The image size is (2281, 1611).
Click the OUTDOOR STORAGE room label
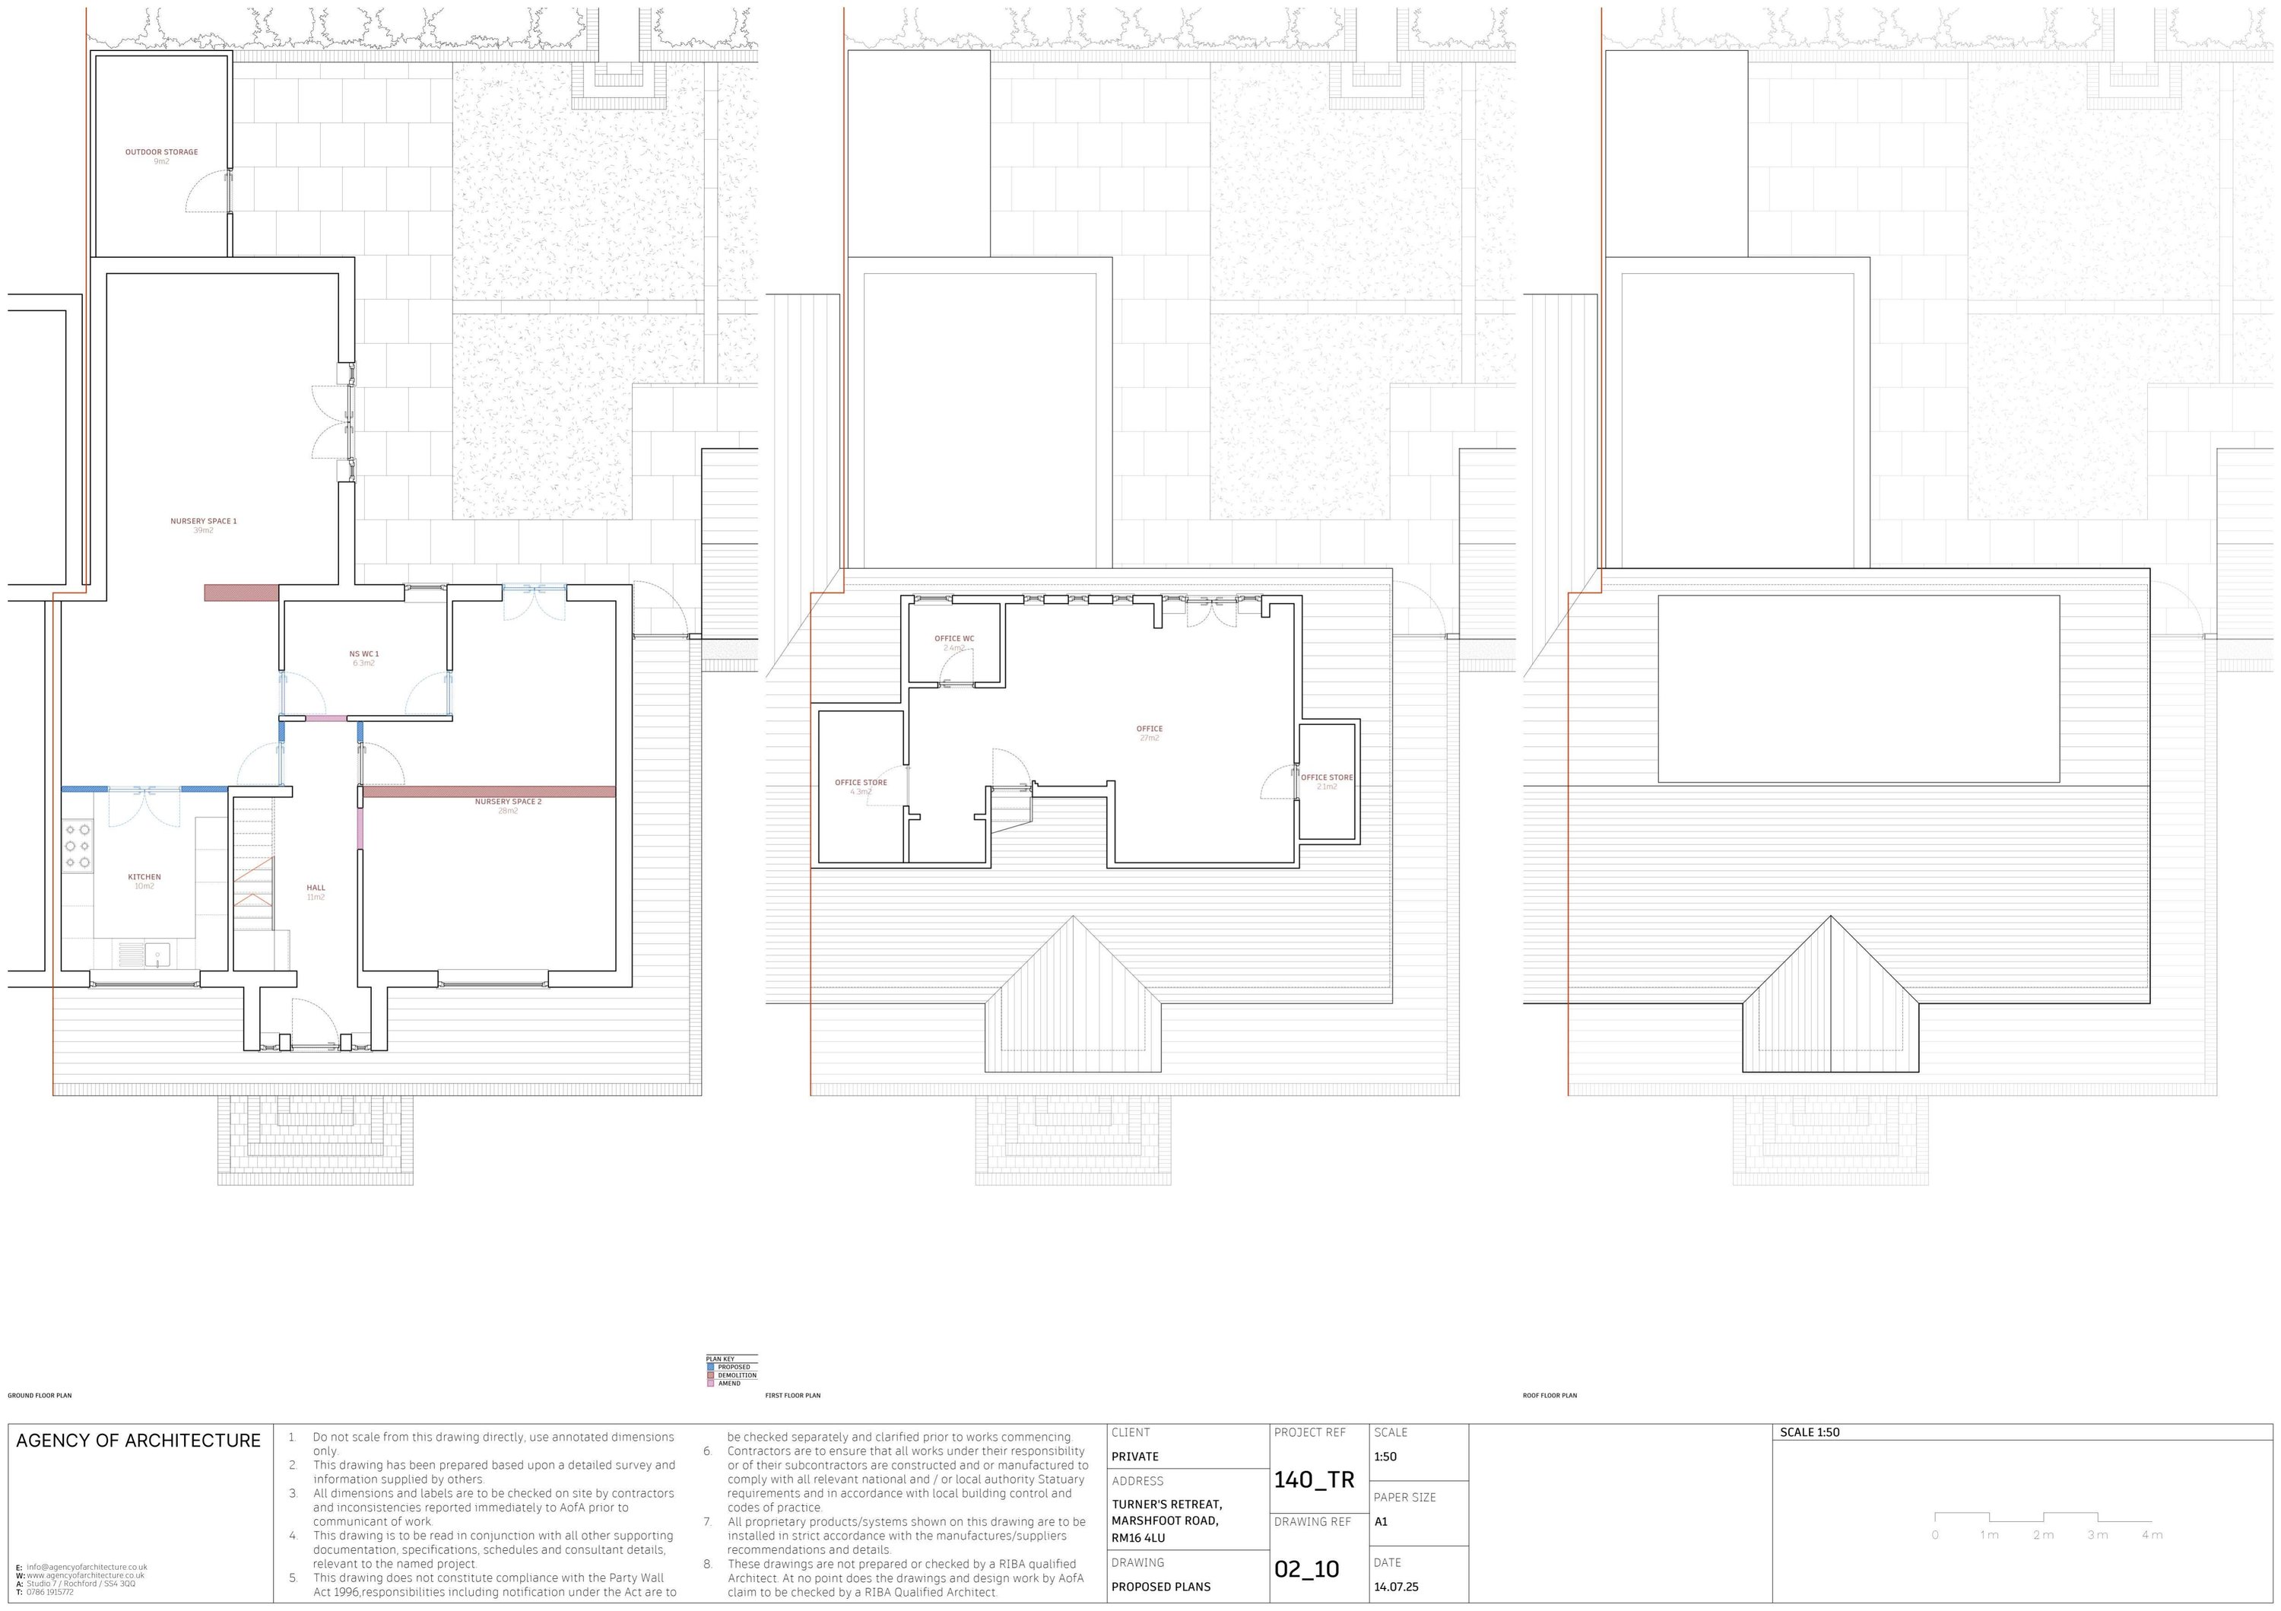[x=161, y=153]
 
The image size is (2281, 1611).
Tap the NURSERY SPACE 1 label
[x=204, y=522]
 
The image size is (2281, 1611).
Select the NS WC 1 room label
[x=363, y=655]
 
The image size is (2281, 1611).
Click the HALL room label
[x=316, y=888]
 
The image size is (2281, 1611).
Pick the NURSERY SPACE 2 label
[x=508, y=802]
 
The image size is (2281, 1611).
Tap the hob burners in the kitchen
[x=78, y=846]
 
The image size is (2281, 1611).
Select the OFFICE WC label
[x=953, y=639]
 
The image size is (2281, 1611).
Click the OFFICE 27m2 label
[x=1150, y=729]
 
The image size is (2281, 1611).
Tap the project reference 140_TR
[x=1313, y=1480]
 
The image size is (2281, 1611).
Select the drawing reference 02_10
[x=1306, y=1569]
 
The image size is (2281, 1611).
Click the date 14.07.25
[x=1396, y=1587]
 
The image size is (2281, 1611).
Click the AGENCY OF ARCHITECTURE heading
[x=138, y=1441]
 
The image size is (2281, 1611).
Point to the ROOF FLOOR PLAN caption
[x=1549, y=1395]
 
